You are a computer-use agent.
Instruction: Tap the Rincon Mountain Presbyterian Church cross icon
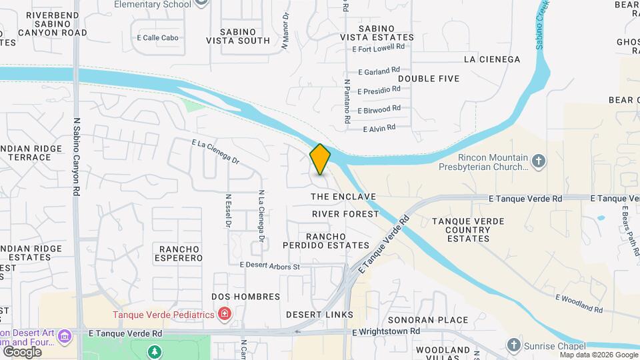539,161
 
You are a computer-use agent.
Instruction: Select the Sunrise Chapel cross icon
513,345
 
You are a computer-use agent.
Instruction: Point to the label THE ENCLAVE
343,197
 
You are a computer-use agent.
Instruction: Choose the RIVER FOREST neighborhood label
345,214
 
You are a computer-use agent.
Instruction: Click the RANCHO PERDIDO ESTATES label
337,241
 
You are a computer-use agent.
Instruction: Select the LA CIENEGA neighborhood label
491,59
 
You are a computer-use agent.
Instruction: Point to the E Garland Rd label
379,70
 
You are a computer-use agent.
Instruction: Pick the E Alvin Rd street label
379,127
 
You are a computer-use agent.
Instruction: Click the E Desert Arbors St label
270,266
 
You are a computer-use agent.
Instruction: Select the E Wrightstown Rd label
386,331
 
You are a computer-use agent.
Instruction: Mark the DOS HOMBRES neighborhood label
239,296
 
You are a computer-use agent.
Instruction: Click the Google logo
22,351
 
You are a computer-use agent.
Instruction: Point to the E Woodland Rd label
579,304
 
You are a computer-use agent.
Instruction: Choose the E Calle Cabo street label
157,38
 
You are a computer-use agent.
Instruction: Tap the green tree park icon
154,351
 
